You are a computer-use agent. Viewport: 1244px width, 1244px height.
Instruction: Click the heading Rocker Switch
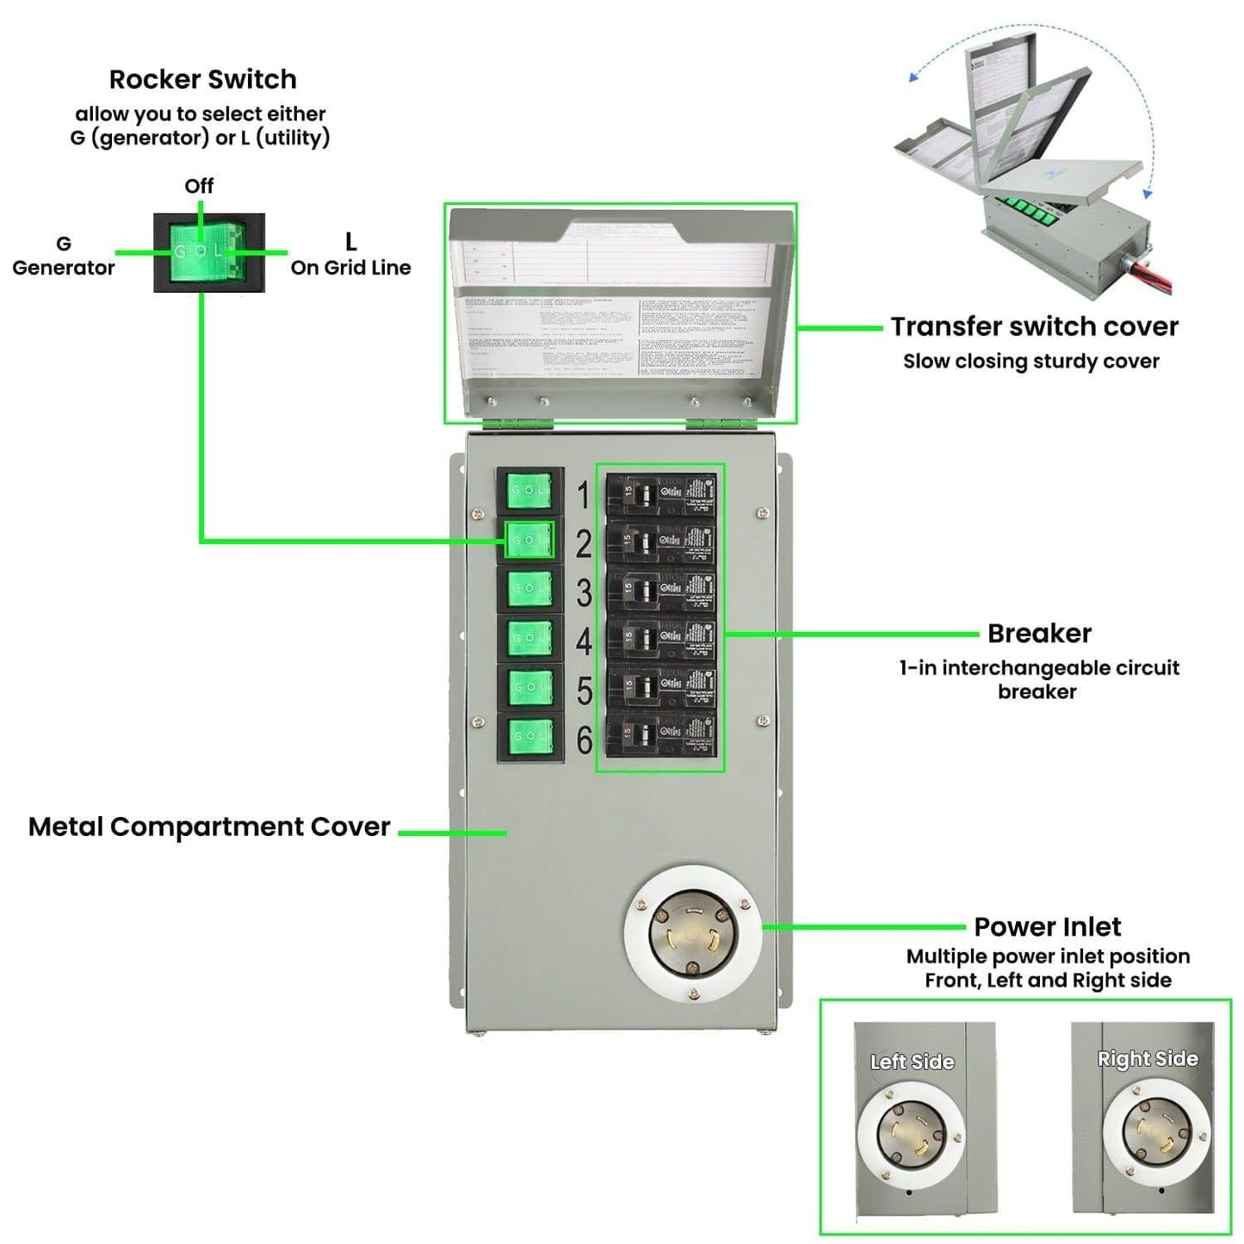point(202,79)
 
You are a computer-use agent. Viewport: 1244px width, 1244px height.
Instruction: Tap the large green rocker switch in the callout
point(208,252)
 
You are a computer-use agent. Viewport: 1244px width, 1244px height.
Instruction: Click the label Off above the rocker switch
point(199,186)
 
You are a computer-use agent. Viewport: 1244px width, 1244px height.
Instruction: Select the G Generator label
point(63,257)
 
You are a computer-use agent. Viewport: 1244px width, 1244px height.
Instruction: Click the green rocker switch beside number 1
point(529,491)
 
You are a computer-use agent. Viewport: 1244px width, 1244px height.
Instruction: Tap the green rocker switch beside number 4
point(529,638)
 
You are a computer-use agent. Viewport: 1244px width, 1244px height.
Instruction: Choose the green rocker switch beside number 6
point(529,736)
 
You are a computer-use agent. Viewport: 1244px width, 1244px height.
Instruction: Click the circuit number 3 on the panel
point(585,593)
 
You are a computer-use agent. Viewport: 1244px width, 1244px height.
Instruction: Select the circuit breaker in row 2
point(660,542)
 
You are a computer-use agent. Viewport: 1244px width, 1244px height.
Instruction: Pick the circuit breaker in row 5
point(660,687)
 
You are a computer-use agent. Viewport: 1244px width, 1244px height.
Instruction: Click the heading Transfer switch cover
point(1034,327)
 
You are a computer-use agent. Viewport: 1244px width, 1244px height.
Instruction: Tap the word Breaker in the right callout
point(1039,634)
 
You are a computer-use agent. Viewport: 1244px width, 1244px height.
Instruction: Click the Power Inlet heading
point(1047,927)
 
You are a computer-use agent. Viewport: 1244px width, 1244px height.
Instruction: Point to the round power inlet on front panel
point(693,934)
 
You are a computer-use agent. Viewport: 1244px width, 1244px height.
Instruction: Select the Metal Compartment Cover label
point(209,826)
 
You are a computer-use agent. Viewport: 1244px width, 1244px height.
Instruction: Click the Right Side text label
point(1148,1059)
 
